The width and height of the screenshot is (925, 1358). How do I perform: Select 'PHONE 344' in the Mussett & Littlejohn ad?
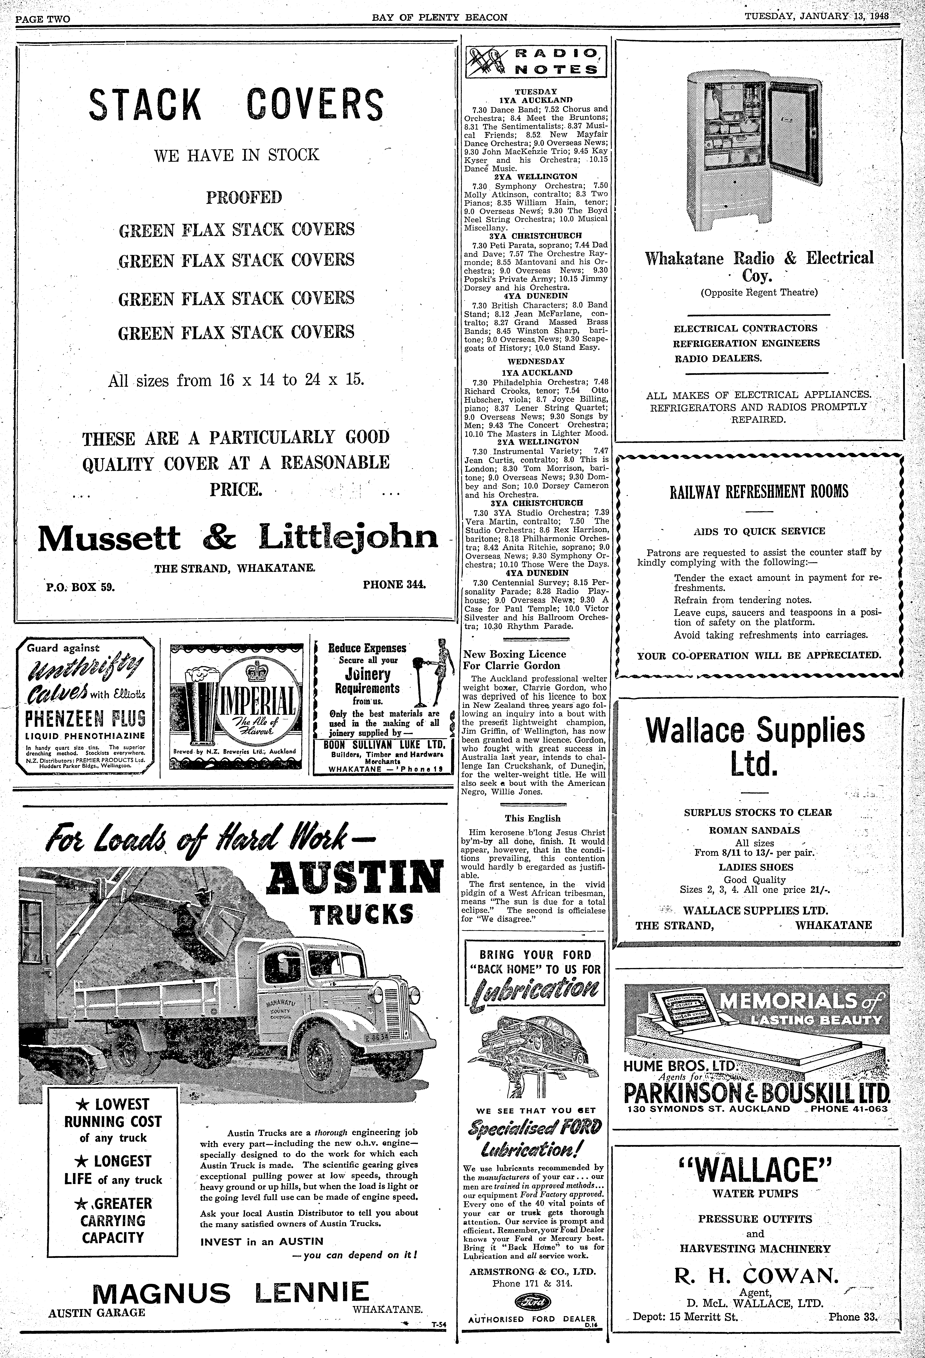point(395,584)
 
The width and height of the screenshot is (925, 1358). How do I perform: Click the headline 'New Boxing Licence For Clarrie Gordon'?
point(514,660)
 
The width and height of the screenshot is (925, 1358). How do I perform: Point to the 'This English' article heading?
point(533,818)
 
